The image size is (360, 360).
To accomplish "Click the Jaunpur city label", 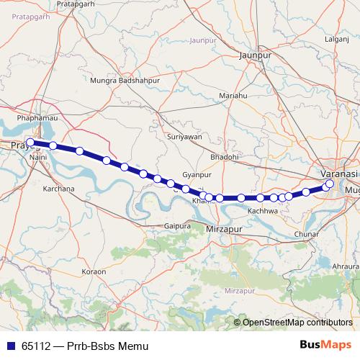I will [256, 53].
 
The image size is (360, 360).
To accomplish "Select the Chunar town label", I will [308, 235].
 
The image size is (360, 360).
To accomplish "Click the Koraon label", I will [94, 271].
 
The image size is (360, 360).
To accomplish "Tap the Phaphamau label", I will [35, 114].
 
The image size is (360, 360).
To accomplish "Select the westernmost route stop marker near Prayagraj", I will [30, 143].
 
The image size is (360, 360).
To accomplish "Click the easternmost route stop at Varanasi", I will [330, 184].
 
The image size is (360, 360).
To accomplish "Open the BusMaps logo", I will [325, 345].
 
